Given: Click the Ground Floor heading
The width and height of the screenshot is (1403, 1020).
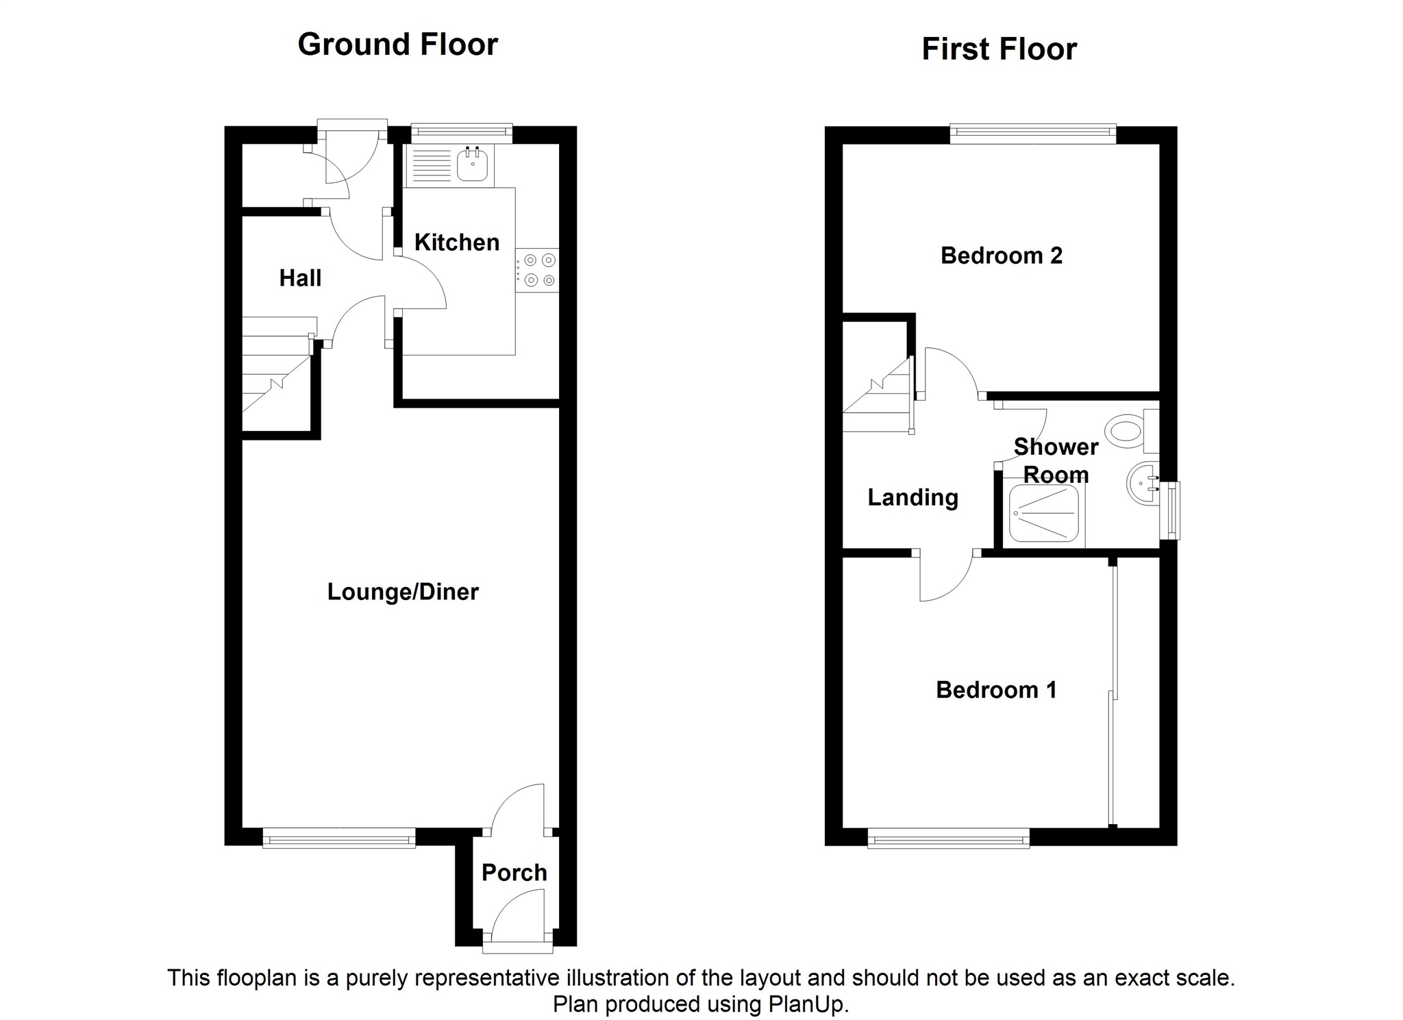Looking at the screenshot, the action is pos(397,45).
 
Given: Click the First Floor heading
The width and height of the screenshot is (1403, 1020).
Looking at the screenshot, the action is pos(999,49).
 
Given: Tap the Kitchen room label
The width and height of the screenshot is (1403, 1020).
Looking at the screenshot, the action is pos(457,242).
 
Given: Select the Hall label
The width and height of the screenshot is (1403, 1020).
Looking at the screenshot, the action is pos(300,278).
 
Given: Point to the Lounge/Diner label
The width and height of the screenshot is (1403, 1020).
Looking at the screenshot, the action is pos(403,592).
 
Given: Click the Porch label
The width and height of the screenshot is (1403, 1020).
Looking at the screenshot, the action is pos(514,873).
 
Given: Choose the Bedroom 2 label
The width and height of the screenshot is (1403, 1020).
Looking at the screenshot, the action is pos(1002,256).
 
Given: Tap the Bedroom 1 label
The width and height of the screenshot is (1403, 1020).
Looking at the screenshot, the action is pos(996,690).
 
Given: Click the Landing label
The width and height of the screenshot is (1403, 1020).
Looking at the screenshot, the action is pos(912,498).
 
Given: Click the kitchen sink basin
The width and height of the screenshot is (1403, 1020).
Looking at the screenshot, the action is pos(472,164).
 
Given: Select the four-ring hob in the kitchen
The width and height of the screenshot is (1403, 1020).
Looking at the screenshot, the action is pos(538,270).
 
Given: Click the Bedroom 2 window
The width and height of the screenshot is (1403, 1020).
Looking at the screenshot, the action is pos(1033,134).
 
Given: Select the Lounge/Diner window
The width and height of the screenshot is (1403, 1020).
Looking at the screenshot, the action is pos(339,838).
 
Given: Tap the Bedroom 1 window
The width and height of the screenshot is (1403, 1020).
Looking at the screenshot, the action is pos(949,838).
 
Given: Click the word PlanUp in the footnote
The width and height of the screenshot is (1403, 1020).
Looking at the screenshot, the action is pos(808,1004).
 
